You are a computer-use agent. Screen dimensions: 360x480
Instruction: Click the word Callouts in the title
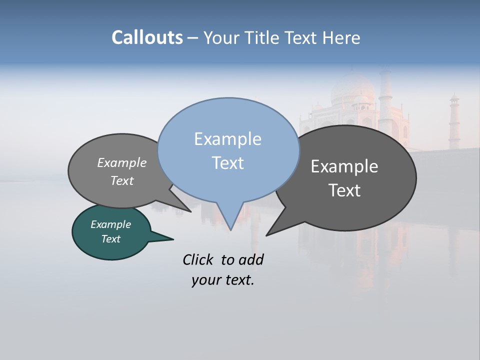click(x=147, y=37)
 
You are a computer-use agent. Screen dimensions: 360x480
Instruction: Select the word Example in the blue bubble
click(x=227, y=139)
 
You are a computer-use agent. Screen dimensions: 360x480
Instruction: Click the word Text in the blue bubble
click(x=227, y=163)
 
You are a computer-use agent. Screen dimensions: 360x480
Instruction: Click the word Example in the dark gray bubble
click(x=344, y=166)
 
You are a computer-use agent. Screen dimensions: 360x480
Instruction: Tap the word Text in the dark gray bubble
click(x=344, y=190)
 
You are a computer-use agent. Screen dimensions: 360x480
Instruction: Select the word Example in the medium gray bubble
click(x=121, y=162)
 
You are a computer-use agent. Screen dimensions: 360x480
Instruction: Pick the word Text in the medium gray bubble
click(x=121, y=180)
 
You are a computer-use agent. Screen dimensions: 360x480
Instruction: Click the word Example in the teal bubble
click(x=110, y=224)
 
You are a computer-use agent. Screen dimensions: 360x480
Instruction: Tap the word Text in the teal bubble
click(x=110, y=239)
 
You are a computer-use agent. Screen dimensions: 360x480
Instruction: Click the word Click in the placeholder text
click(x=199, y=259)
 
